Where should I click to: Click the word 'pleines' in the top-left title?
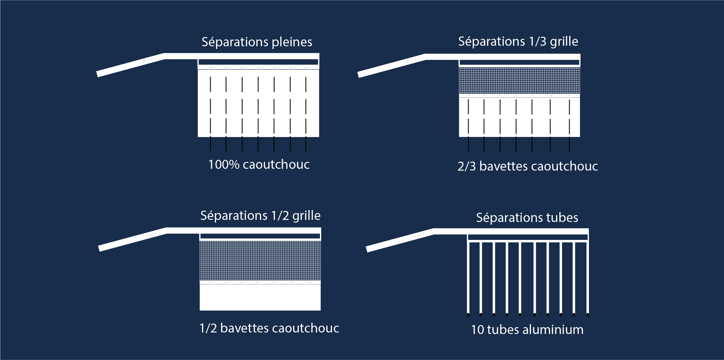pos(292,42)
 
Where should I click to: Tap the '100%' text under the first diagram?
pos(224,165)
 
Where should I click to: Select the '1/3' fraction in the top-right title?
pos(537,42)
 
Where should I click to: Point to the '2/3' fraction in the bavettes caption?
pos(466,166)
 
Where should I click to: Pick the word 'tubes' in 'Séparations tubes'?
pos(562,218)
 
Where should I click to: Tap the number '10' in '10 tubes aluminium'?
pos(477,330)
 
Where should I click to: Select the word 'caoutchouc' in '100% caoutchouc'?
pos(276,165)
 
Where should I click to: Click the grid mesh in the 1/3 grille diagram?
pos(519,80)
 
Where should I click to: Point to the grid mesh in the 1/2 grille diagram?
pos(260,261)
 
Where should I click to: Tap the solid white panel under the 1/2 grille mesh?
pos(260,297)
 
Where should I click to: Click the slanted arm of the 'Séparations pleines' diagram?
pos(130,65)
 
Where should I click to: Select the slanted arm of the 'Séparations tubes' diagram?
pos(400,240)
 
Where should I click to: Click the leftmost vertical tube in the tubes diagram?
pos(468,277)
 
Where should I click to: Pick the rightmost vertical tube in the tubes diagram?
pos(587,277)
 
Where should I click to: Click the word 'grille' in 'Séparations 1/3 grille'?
pos(564,42)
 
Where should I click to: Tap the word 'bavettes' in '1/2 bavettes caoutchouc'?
pos(244,328)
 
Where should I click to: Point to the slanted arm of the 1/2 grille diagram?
pos(132,240)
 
